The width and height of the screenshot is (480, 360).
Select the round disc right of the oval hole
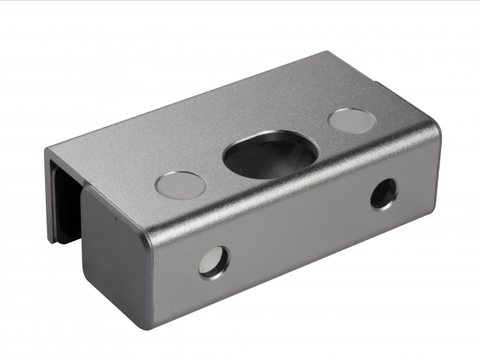point(352,121)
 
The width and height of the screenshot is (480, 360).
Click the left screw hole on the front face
point(213,262)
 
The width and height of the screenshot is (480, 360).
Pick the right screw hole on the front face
point(383,193)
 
